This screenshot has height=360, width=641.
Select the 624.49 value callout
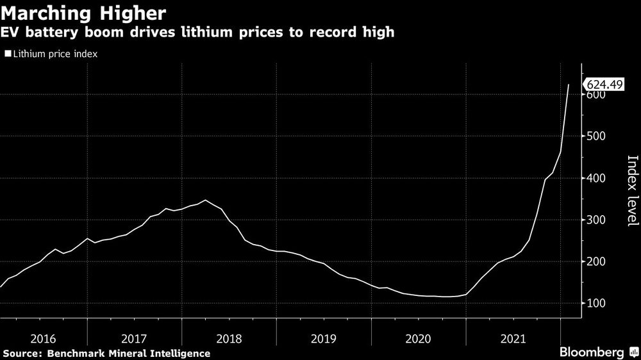pos(603,85)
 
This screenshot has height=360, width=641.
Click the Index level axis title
pos(632,190)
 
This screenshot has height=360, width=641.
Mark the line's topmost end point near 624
pos(569,85)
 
